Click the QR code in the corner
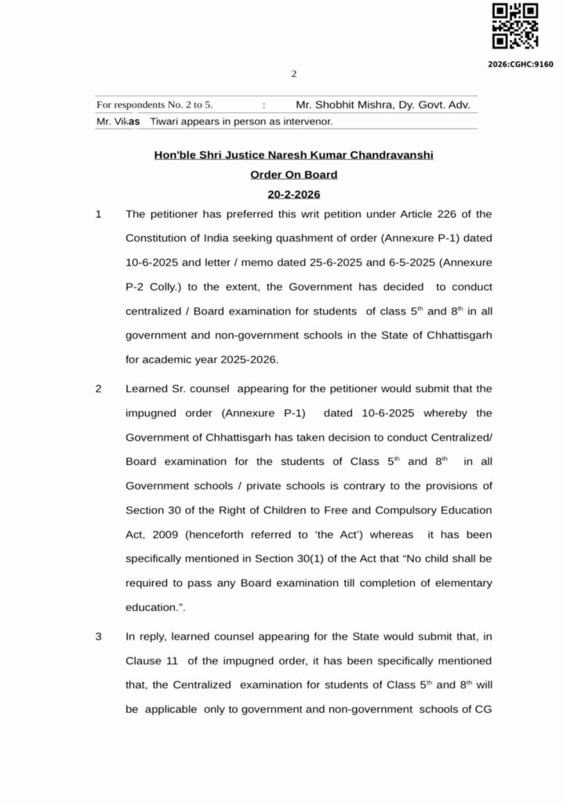coord(514,27)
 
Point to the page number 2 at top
coord(294,74)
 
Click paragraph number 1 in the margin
coord(99,213)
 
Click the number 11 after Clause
coord(175,660)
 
